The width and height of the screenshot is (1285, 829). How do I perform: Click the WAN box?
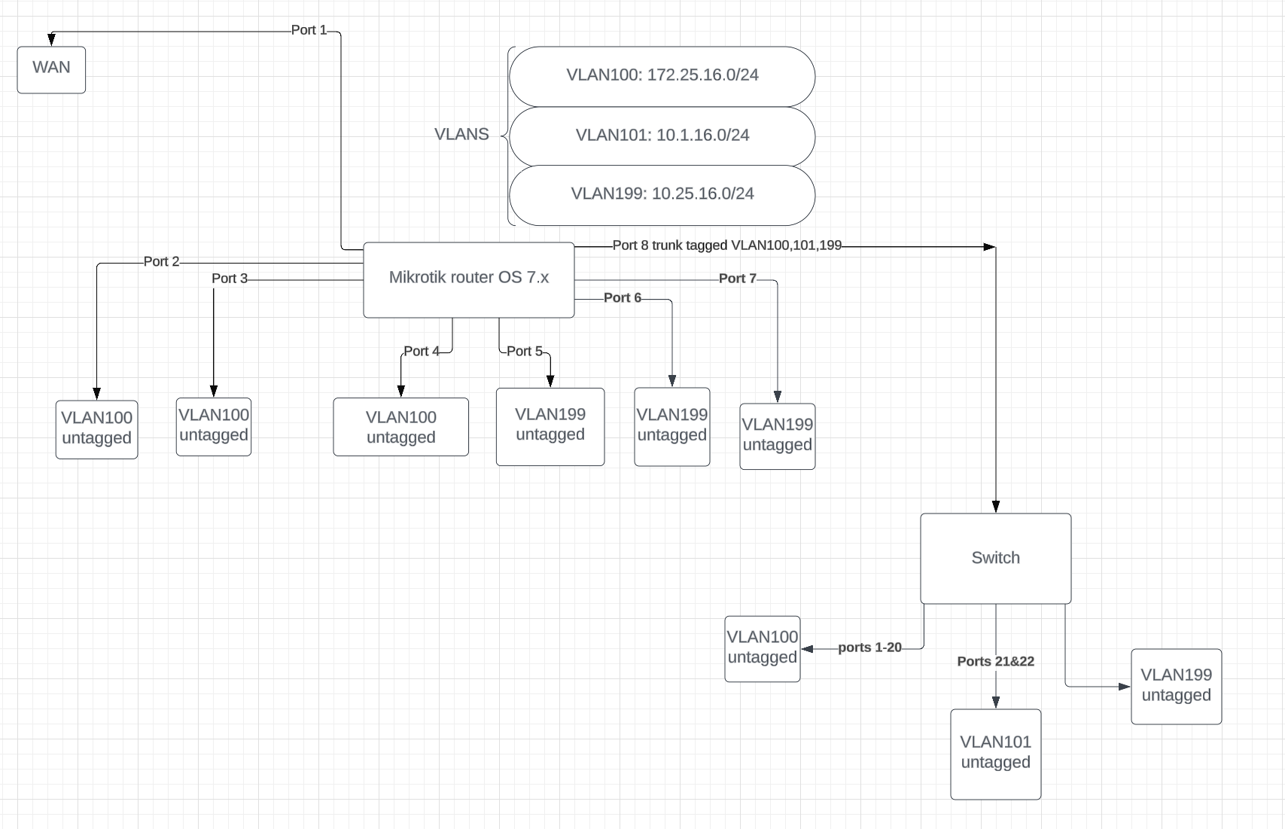[51, 70]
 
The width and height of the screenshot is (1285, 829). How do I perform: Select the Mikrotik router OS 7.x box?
[468, 279]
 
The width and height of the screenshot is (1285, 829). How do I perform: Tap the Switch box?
[995, 558]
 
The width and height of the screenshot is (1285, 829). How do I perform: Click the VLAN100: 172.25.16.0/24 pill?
[662, 75]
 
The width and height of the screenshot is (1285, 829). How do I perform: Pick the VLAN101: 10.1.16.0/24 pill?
[662, 136]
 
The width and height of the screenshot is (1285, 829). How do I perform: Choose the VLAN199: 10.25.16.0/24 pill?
[662, 194]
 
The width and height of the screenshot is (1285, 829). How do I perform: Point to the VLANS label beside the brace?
[461, 134]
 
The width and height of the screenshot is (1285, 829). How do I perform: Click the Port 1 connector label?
[309, 30]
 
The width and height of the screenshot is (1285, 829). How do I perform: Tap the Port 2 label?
[161, 261]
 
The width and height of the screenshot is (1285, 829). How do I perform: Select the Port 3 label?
[229, 279]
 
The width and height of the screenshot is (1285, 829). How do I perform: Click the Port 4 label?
[421, 351]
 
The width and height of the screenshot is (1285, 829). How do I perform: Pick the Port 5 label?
[524, 351]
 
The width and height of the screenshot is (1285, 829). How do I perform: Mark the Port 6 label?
[622, 298]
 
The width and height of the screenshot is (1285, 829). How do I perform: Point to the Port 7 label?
[737, 279]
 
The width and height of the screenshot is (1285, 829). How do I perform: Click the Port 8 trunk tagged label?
[726, 245]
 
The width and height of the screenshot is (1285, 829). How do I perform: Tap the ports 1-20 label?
[869, 648]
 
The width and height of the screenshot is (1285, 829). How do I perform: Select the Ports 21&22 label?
[995, 661]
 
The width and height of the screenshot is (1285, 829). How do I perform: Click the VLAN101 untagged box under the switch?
[995, 753]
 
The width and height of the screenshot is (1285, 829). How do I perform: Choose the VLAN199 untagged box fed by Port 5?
[550, 426]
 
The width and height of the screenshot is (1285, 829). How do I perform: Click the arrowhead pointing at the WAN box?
[52, 39]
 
